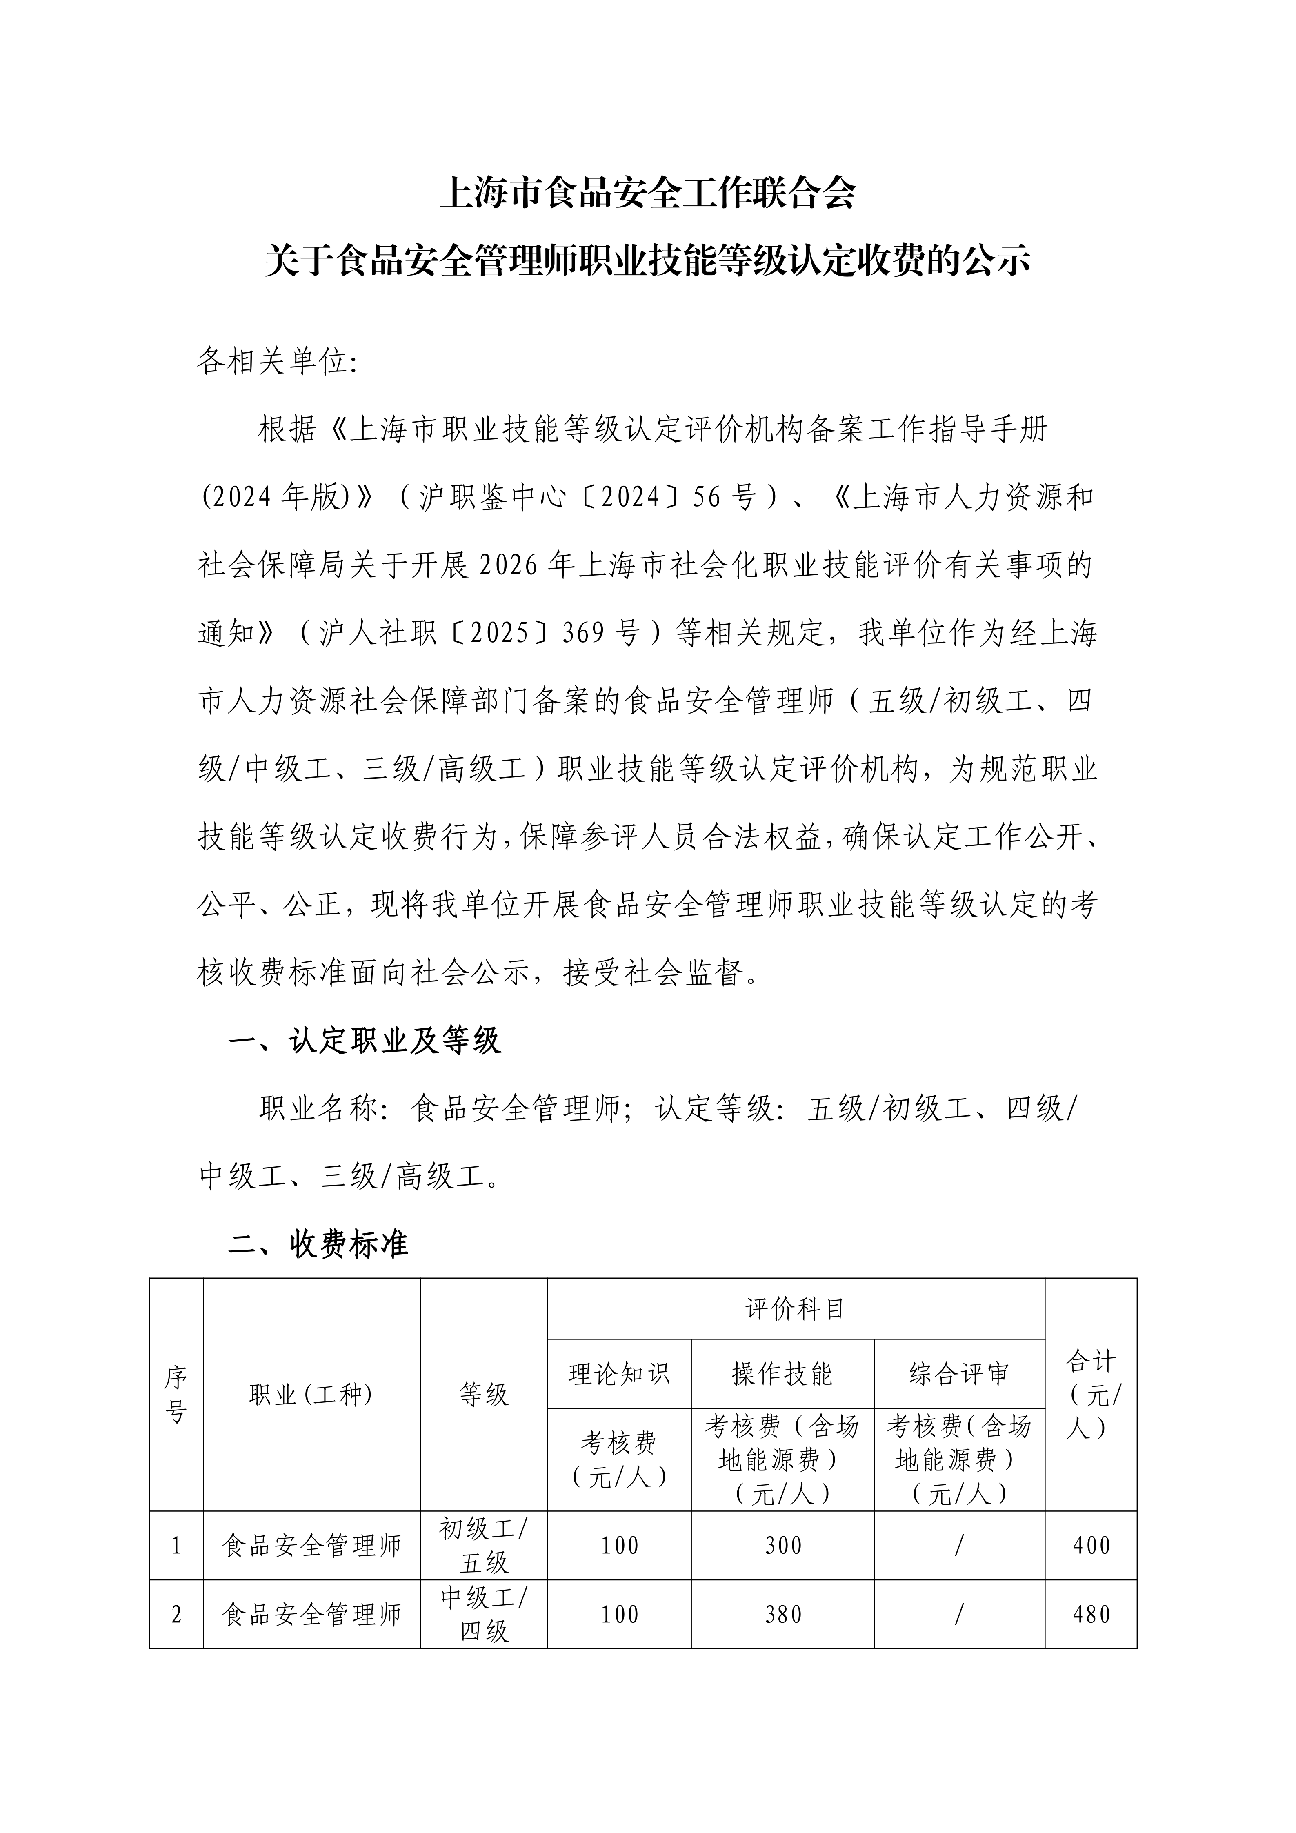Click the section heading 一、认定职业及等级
pyautogui.click(x=364, y=1041)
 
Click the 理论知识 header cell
pyautogui.click(x=619, y=1374)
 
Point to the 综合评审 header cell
pyautogui.click(x=959, y=1374)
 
